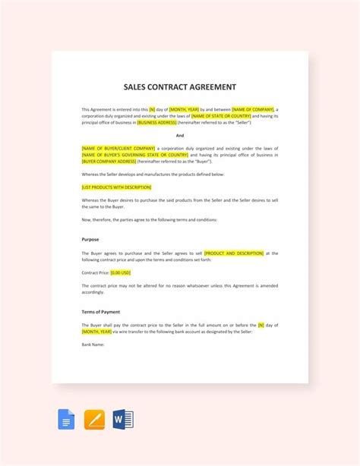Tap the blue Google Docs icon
[66, 419]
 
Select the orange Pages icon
[94, 419]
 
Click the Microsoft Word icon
[122, 419]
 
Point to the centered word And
[180, 135]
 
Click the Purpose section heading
[90, 239]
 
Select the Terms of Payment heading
[100, 311]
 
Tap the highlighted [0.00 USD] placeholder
[122, 272]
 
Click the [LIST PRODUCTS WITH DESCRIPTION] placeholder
[116, 187]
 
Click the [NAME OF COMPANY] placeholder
[254, 109]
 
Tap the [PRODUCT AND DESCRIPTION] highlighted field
[234, 252]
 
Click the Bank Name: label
[93, 345]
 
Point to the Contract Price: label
[95, 272]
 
